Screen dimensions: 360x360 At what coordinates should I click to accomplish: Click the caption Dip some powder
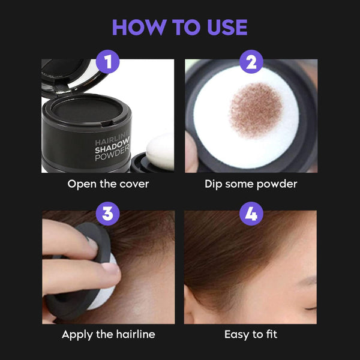(250, 184)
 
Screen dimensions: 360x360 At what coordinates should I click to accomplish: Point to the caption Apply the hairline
(108, 334)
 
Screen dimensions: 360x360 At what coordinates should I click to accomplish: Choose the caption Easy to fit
(250, 334)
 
